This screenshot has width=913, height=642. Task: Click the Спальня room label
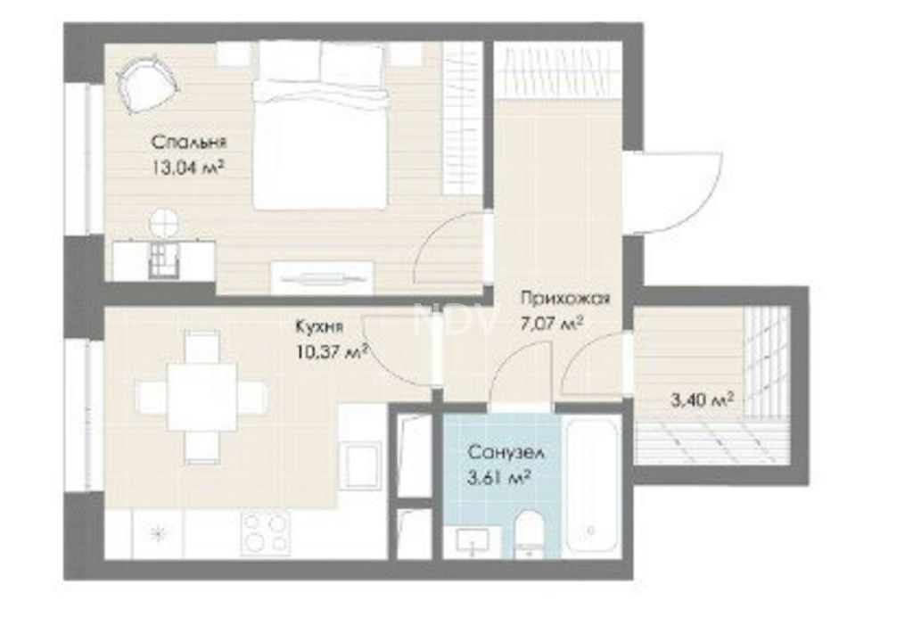[189, 142]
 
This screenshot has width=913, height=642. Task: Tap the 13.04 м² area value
[188, 169]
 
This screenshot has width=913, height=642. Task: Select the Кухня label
[319, 327]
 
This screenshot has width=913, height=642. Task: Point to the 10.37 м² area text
[332, 352]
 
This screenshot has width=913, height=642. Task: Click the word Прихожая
[565, 299]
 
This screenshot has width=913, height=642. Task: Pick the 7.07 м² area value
[552, 324]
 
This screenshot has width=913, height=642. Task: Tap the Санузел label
[506, 452]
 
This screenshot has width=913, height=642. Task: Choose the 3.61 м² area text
[499, 478]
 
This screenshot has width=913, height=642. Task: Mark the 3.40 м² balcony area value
[703, 400]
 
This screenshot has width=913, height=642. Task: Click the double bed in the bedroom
[320, 125]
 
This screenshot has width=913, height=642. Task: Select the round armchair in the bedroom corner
[147, 84]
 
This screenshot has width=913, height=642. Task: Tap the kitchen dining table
[202, 396]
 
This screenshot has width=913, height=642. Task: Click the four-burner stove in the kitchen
[266, 533]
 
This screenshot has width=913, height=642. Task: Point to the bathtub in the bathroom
[591, 484]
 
